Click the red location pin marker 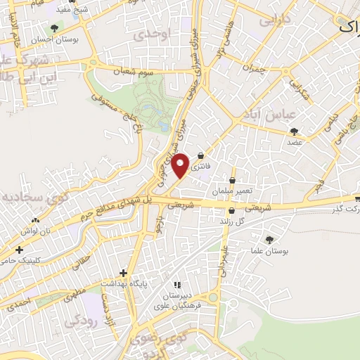[x=181, y=165]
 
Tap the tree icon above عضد [x=293, y=131]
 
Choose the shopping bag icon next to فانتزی [x=201, y=156]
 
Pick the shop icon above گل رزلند [x=231, y=210]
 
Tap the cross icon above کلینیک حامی [x=19, y=250]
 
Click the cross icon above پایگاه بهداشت [x=124, y=272]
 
